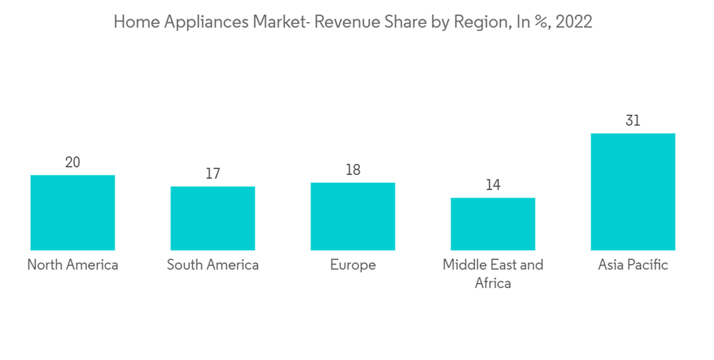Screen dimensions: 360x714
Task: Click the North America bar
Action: click(x=73, y=212)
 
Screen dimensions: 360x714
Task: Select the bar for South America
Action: click(x=213, y=218)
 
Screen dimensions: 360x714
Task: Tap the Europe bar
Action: click(x=353, y=216)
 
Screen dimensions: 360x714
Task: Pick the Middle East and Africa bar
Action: click(x=493, y=224)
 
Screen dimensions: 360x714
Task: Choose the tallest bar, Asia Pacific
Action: click(x=633, y=191)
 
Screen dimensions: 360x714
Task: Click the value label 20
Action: click(x=73, y=162)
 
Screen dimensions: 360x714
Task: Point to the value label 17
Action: click(x=213, y=174)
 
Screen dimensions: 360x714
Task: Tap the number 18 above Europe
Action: click(x=353, y=170)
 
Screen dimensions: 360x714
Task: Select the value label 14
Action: click(x=493, y=185)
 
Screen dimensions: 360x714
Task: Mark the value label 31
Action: click(x=633, y=121)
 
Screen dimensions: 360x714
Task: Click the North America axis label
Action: click(x=73, y=265)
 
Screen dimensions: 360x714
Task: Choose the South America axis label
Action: click(x=213, y=265)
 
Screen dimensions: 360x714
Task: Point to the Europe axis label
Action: click(x=353, y=265)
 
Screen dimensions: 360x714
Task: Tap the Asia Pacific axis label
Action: click(x=633, y=265)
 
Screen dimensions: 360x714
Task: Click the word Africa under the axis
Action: click(x=493, y=284)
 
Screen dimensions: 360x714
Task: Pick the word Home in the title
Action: click(x=132, y=22)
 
